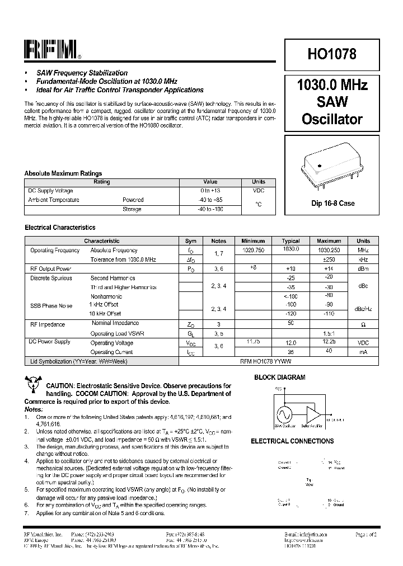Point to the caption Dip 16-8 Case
[332, 204]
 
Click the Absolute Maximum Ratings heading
[63, 173]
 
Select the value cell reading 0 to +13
[210, 191]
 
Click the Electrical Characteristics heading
[60, 228]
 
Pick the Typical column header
[291, 241]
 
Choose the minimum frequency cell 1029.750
[253, 251]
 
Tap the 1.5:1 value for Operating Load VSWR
[329, 333]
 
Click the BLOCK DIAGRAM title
[280, 378]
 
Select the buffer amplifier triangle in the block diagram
[313, 414]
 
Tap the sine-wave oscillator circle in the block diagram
[284, 415]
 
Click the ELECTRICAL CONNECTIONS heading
[292, 441]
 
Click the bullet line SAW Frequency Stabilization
[82, 73]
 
